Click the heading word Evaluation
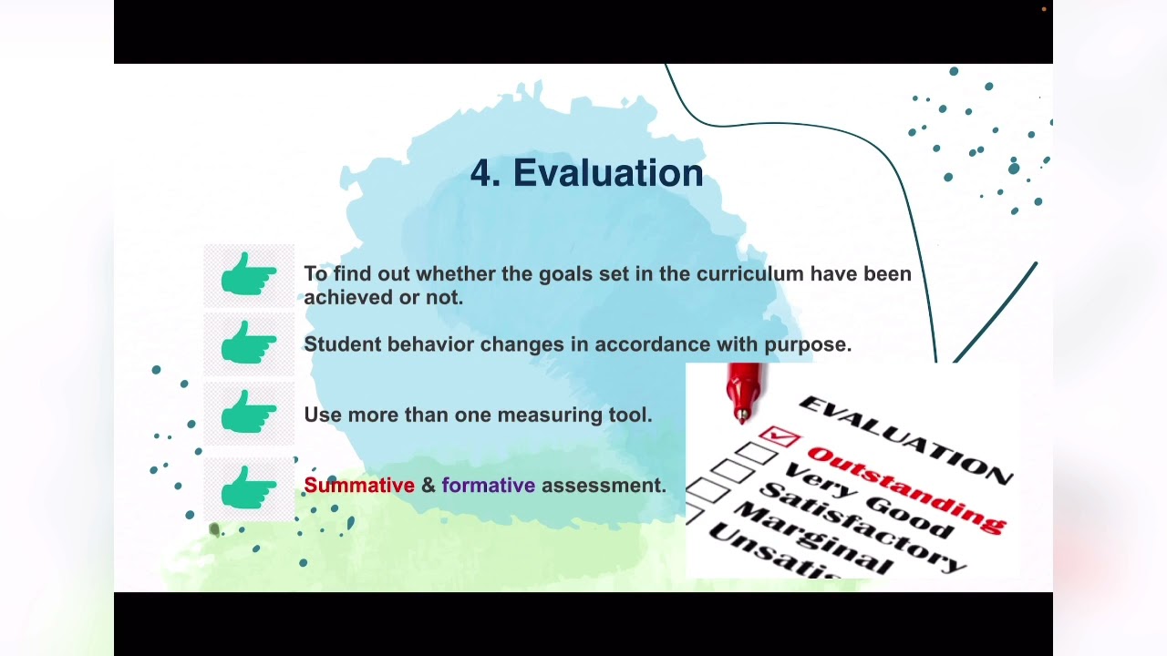pos(608,173)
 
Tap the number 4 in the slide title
pos(480,173)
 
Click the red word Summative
pos(359,486)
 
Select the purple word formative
pos(488,486)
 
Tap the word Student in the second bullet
pos(342,344)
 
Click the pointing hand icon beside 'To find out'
pos(249,274)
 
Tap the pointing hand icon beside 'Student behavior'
pos(249,344)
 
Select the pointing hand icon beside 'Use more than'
pos(249,415)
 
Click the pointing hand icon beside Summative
pos(249,488)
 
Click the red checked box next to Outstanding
pos(779,438)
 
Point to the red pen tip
pos(743,415)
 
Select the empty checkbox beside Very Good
pos(756,453)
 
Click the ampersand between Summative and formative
pos(429,486)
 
